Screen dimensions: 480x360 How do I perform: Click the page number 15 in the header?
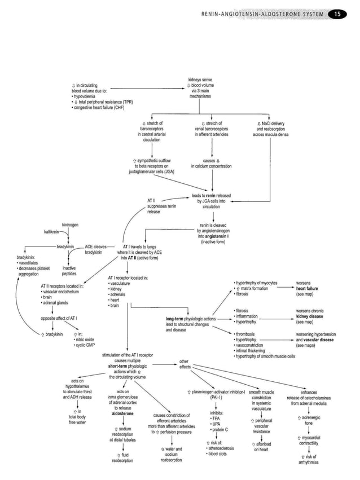[x=340, y=14]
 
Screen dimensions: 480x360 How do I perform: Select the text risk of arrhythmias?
[x=309, y=460]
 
